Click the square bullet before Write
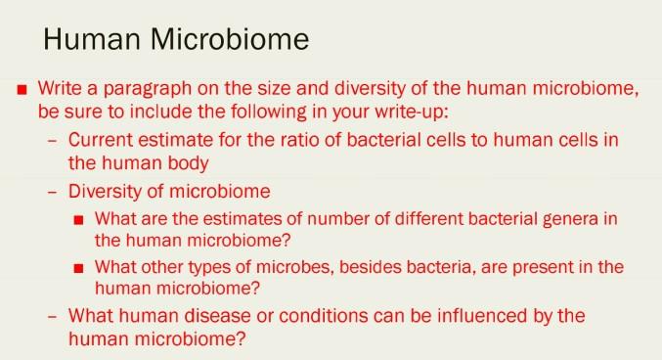click(22, 90)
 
